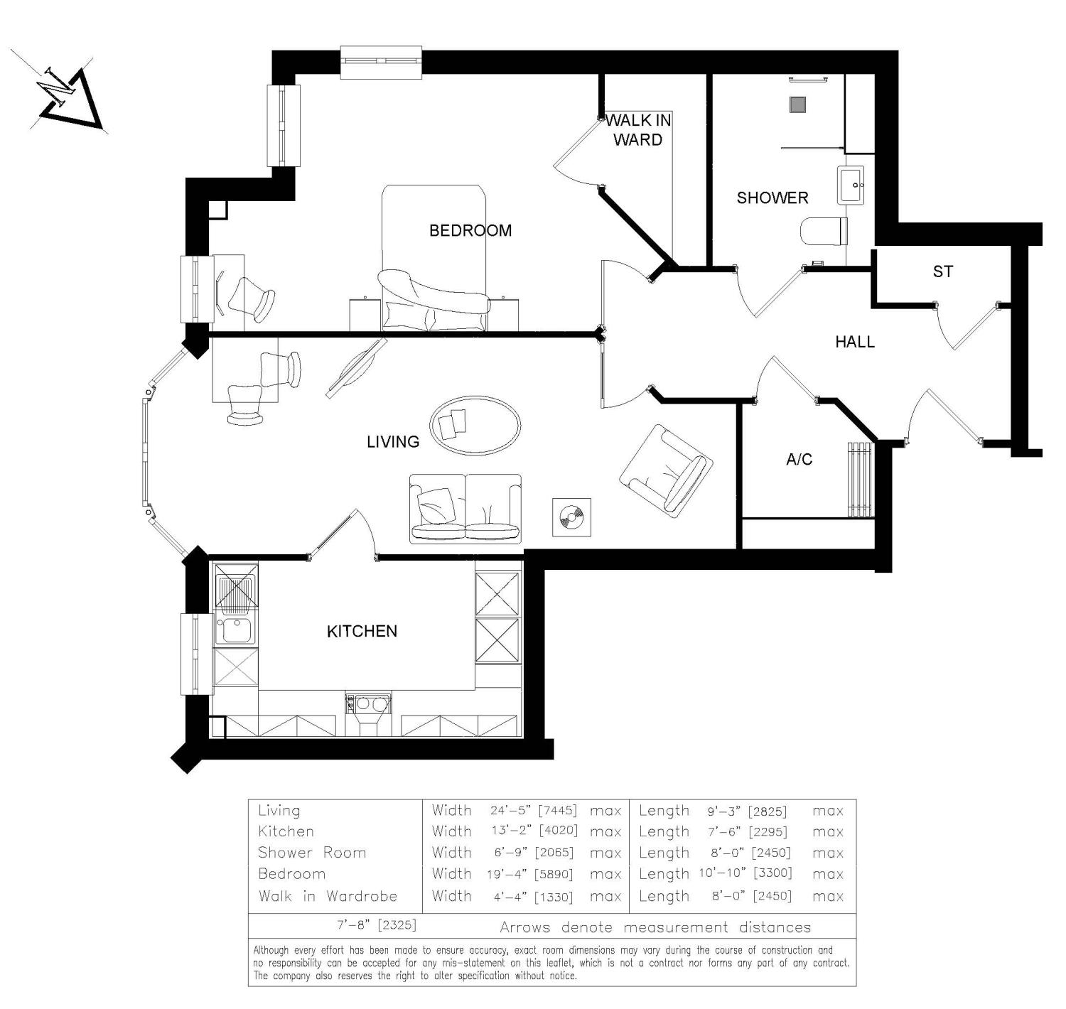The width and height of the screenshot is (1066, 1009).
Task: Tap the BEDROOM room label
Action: pyautogui.click(x=470, y=230)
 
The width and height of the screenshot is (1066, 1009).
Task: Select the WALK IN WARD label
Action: pyautogui.click(x=637, y=130)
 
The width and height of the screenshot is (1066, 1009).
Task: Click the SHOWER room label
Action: pyautogui.click(x=772, y=198)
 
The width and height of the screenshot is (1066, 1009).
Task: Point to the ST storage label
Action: pyautogui.click(x=942, y=271)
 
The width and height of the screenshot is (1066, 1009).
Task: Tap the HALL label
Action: pyautogui.click(x=854, y=342)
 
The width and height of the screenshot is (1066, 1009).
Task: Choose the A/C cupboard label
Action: pyautogui.click(x=799, y=460)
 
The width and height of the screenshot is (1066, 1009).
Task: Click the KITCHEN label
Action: pyautogui.click(x=362, y=631)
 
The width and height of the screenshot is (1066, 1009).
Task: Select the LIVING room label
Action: pyautogui.click(x=392, y=441)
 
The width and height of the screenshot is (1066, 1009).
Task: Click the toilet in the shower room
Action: pyautogui.click(x=824, y=231)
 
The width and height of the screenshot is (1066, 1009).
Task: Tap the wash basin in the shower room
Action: pyautogui.click(x=851, y=185)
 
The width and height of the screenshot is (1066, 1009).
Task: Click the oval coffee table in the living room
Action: pyautogui.click(x=475, y=426)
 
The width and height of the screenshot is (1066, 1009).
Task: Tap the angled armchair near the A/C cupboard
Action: pyautogui.click(x=667, y=468)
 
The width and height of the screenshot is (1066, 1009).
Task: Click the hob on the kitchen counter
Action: pyautogui.click(x=367, y=704)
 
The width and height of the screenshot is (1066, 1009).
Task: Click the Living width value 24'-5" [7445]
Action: pyautogui.click(x=533, y=810)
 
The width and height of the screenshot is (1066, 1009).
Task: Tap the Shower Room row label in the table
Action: pyautogui.click(x=311, y=853)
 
